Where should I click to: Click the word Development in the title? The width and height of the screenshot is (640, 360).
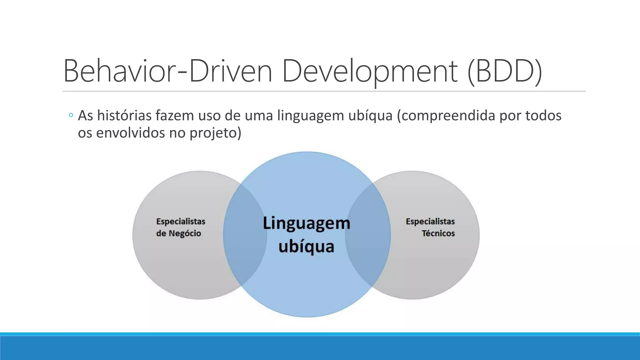(x=370, y=71)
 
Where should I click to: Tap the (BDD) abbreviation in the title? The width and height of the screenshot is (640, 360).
(x=505, y=71)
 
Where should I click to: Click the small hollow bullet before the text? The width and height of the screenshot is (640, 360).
(x=71, y=116)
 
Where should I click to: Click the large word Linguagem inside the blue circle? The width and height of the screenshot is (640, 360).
(x=306, y=223)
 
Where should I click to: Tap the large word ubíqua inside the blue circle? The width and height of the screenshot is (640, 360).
(x=306, y=247)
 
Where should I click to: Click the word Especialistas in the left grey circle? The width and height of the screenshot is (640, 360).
(x=181, y=222)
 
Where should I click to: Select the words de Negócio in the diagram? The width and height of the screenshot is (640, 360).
(x=178, y=233)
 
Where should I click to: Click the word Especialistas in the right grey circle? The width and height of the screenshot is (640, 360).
(x=430, y=222)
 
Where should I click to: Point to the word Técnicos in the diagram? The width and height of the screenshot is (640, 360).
(x=438, y=233)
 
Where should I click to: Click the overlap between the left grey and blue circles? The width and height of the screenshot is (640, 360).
(x=244, y=234)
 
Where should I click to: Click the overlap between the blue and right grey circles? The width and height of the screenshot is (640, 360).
(x=368, y=234)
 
